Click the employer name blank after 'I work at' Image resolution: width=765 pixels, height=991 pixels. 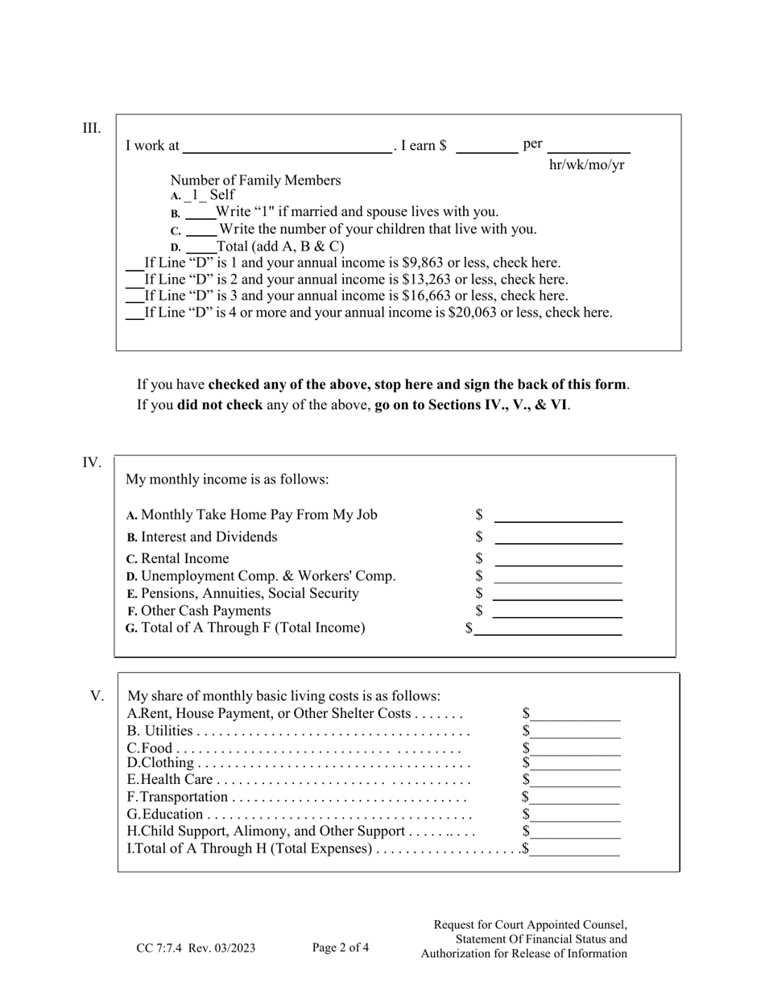pyautogui.click(x=287, y=147)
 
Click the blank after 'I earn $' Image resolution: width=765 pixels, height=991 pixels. pyautogui.click(x=487, y=147)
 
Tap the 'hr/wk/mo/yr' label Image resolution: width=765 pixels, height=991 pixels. pyautogui.click(x=586, y=165)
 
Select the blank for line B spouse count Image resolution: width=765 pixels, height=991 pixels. pyautogui.click(x=201, y=214)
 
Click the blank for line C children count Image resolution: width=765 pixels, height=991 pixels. pyautogui.click(x=202, y=230)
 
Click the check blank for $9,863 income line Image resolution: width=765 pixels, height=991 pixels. pyautogui.click(x=134, y=263)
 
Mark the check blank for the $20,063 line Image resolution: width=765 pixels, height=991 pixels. pyautogui.click(x=134, y=313)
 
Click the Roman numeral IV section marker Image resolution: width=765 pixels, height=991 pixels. pyautogui.click(x=92, y=462)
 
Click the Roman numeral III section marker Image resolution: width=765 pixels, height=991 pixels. pyautogui.click(x=92, y=128)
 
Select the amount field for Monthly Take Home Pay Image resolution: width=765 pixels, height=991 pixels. pyautogui.click(x=558, y=516)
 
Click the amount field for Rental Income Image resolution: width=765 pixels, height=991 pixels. pyautogui.click(x=558, y=560)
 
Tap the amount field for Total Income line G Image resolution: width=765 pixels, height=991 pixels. pyautogui.click(x=548, y=629)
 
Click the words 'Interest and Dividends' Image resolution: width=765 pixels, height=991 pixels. pyautogui.click(x=209, y=537)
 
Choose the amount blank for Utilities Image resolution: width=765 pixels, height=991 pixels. pyautogui.click(x=575, y=732)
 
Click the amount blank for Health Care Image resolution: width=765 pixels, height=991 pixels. pyautogui.click(x=575, y=781)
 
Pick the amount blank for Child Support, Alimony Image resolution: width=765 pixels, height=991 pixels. pyautogui.click(x=575, y=832)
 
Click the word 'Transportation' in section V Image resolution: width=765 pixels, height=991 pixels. pyautogui.click(x=184, y=797)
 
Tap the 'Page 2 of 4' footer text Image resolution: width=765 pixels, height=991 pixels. pyautogui.click(x=341, y=947)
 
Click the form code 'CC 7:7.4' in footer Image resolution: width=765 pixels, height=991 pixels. pyautogui.click(x=161, y=948)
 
